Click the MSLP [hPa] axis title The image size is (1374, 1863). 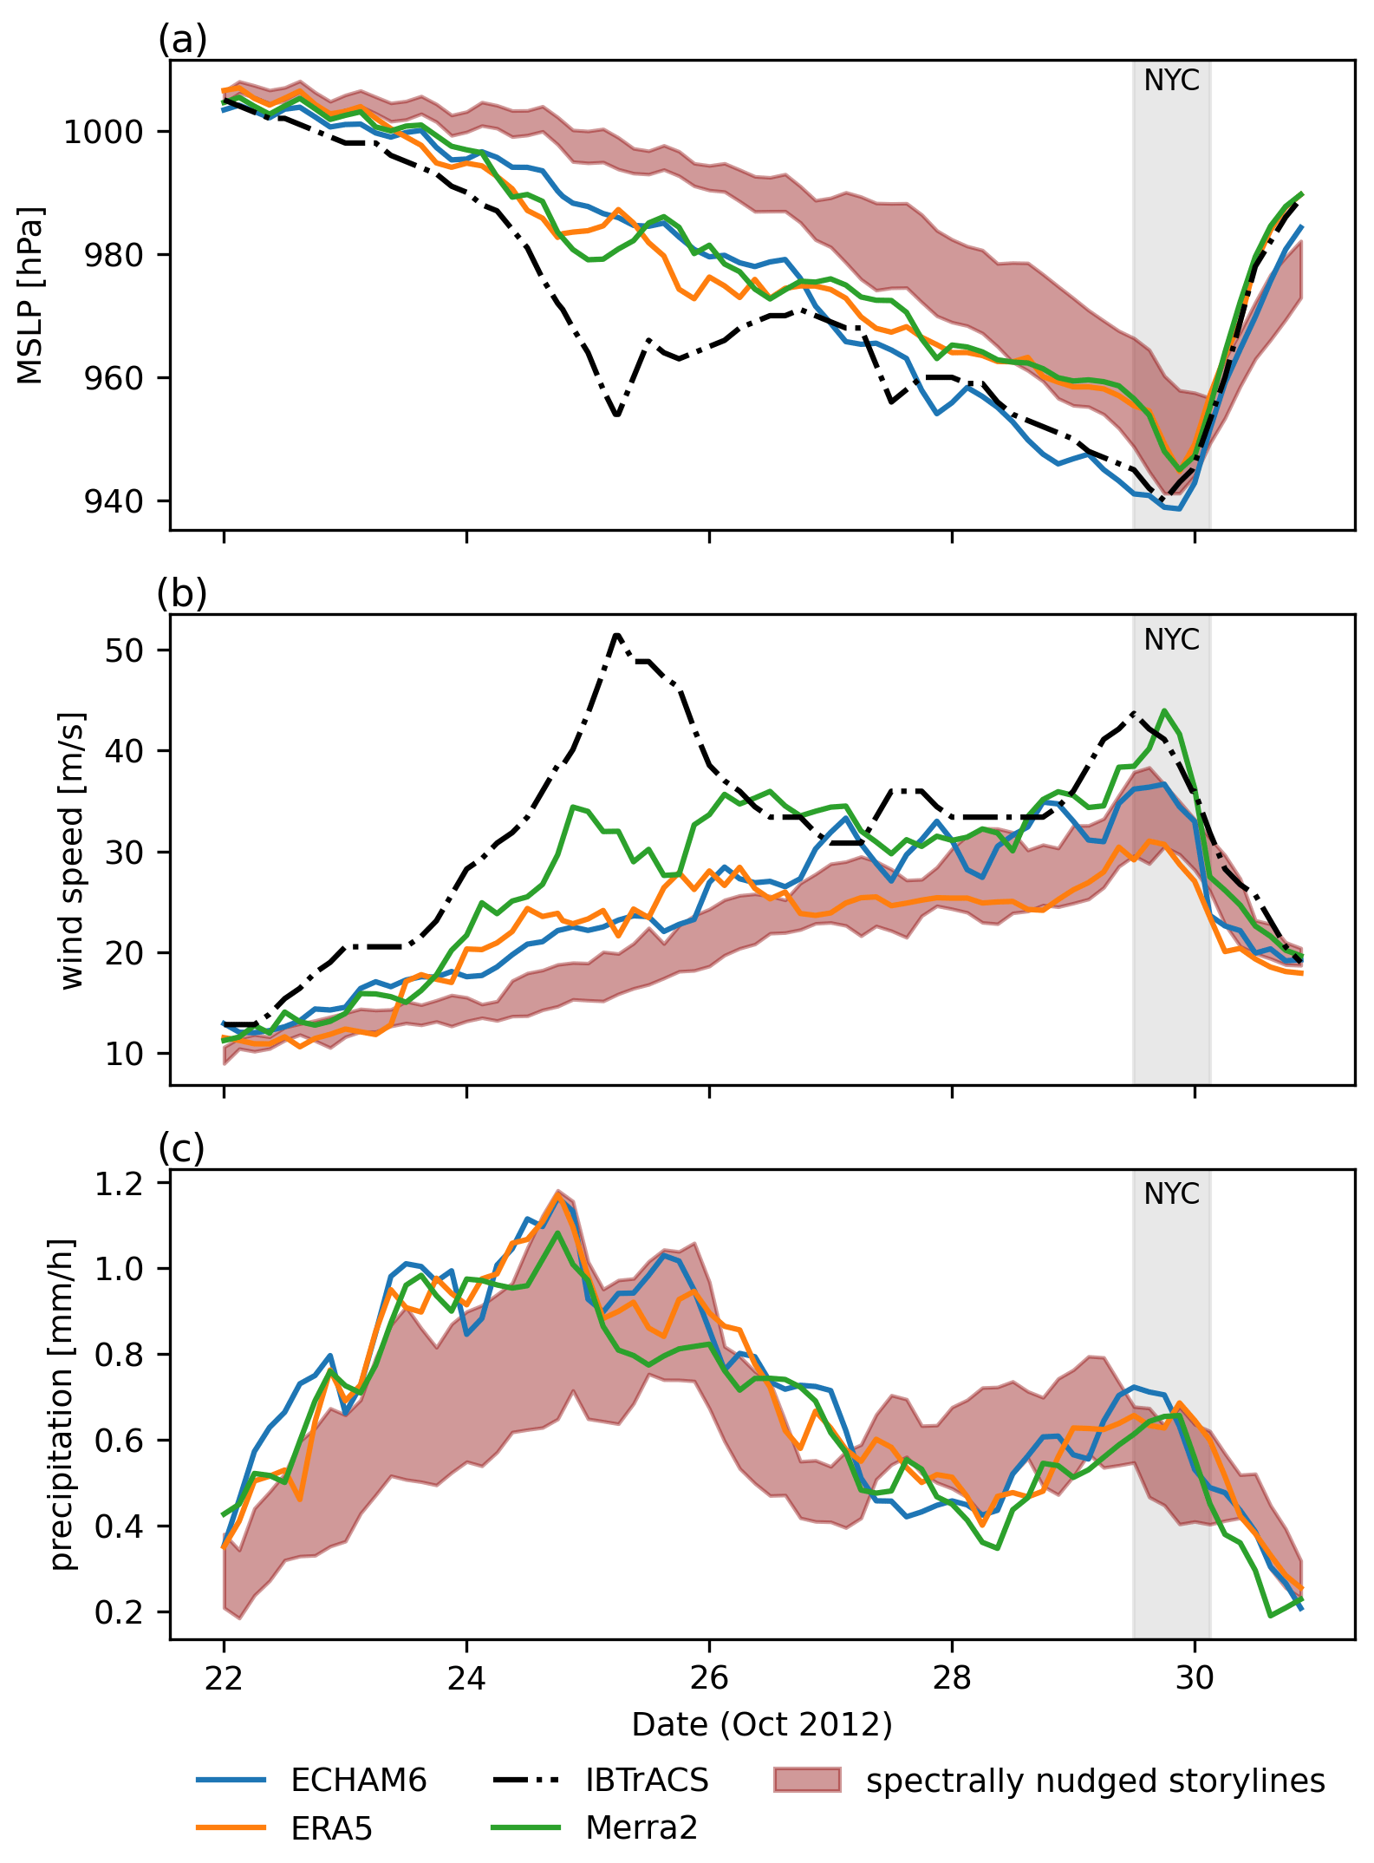pyautogui.click(x=30, y=295)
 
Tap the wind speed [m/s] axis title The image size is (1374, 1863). pyautogui.click(x=73, y=850)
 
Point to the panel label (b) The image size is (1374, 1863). pyautogui.click(x=182, y=594)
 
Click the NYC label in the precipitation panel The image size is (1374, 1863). pyautogui.click(x=1171, y=1194)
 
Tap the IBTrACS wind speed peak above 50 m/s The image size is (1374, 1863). pyautogui.click(x=616, y=634)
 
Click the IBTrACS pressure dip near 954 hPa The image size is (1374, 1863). pyautogui.click(x=616, y=415)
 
